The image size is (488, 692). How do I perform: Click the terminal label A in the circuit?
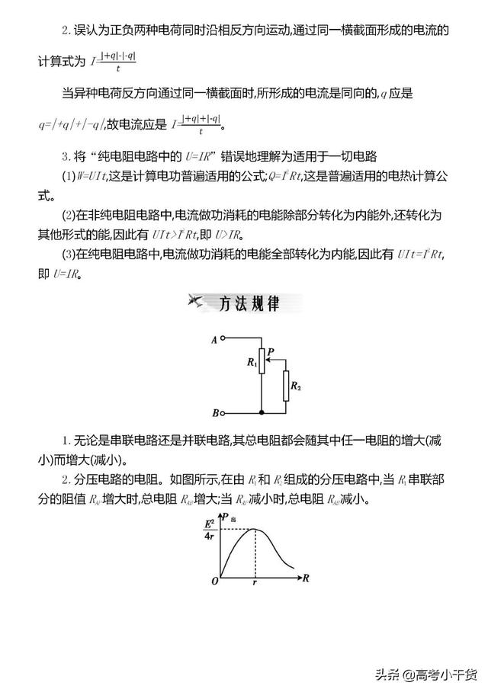click(214, 338)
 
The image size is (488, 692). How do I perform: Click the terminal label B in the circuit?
click(214, 412)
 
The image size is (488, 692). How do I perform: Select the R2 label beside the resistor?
click(297, 387)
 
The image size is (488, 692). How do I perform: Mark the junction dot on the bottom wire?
click(262, 412)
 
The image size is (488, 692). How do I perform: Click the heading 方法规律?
click(249, 303)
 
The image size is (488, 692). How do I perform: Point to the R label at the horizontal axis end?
click(305, 577)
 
